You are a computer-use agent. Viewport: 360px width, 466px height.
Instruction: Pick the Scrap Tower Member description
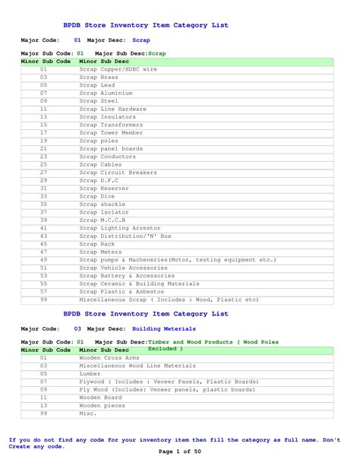point(112,132)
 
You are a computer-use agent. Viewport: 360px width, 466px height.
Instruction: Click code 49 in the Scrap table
point(43,260)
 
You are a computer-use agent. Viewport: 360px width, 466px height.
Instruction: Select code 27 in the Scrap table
point(43,173)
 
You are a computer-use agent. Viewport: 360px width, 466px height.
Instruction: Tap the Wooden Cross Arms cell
point(109,357)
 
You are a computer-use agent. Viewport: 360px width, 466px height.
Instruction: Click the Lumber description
point(90,374)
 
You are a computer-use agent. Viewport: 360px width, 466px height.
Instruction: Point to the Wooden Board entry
point(100,397)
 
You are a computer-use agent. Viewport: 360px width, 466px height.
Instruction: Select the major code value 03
point(77,329)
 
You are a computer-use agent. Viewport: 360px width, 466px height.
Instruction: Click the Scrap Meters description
point(100,252)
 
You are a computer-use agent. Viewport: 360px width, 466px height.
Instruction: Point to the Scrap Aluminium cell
point(106,93)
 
